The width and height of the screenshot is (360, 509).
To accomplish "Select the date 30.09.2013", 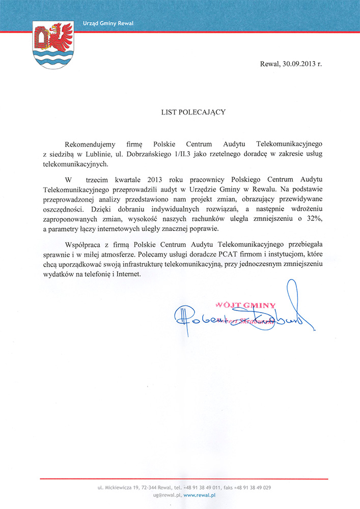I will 296,64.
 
